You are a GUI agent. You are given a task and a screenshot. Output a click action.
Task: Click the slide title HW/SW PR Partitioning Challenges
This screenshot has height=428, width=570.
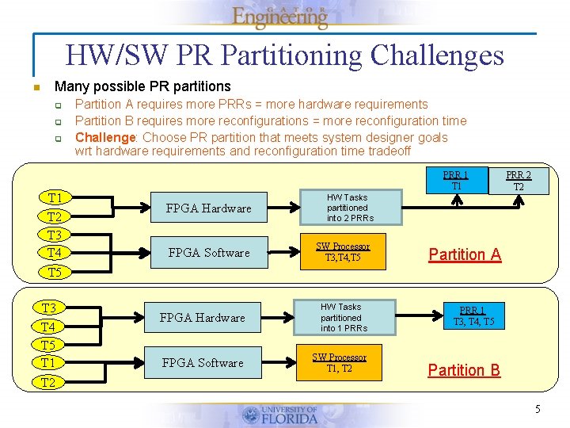285,55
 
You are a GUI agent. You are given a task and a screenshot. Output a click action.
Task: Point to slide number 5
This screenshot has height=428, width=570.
538,410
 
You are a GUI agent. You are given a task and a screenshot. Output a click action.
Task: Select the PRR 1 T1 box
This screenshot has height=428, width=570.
455,180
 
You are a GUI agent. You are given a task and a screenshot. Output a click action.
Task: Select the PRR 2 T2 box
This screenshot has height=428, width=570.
519,181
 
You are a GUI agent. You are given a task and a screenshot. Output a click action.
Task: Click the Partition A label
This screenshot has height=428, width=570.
465,254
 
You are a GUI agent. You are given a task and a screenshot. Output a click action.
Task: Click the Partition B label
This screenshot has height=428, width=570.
464,370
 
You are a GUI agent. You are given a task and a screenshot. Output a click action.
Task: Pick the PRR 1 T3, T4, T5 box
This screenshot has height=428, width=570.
473,316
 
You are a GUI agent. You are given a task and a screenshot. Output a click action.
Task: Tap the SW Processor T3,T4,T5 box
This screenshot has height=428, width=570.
343,252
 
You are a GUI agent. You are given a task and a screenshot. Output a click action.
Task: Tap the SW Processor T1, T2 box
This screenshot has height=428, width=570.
340,362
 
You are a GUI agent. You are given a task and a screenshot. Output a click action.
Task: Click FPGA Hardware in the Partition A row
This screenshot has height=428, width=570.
209,208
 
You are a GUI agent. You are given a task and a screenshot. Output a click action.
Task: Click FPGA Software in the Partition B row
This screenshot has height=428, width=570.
203,363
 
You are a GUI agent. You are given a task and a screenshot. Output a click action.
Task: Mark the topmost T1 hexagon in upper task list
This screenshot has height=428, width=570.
55,197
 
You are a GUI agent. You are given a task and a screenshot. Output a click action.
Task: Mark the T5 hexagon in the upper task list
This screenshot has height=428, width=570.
55,272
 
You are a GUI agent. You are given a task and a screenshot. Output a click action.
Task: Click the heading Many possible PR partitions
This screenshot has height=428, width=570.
142,86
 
